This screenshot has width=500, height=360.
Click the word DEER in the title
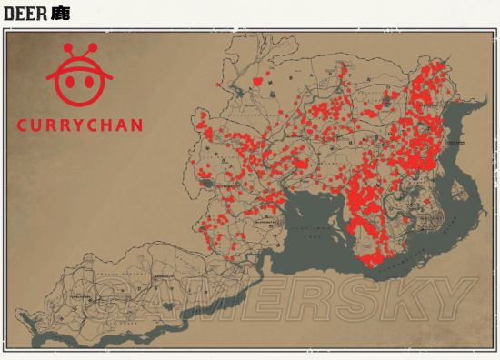tap(20, 15)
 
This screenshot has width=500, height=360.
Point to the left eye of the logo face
tap(69, 79)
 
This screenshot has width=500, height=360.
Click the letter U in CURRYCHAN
tap(38, 125)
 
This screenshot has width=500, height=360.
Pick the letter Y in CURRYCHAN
tap(81, 125)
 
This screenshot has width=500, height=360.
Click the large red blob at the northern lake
tap(259, 81)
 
